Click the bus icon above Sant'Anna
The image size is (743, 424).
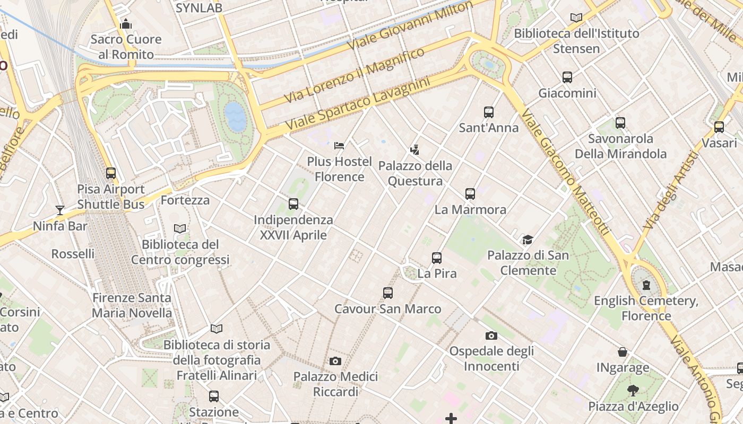pyautogui.click(x=489, y=112)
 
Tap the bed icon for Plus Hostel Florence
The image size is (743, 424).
pyautogui.click(x=339, y=145)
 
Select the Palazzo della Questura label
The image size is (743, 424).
pyautogui.click(x=415, y=173)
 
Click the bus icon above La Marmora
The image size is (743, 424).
pyautogui.click(x=470, y=194)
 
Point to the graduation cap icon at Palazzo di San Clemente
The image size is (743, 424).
pyautogui.click(x=528, y=240)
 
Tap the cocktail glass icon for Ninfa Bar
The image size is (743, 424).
pyautogui.click(x=60, y=210)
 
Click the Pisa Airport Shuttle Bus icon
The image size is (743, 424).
pyautogui.click(x=111, y=173)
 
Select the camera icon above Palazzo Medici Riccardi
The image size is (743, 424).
pyautogui.click(x=335, y=361)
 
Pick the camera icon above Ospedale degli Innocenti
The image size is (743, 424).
pyautogui.click(x=491, y=335)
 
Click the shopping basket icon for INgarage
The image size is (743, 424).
pyautogui.click(x=623, y=352)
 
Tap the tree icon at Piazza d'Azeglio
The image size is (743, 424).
pyautogui.click(x=633, y=391)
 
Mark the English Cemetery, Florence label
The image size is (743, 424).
pyautogui.click(x=646, y=308)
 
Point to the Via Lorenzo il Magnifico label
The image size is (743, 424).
pyautogui.click(x=354, y=75)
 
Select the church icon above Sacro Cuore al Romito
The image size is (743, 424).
pyautogui.click(x=126, y=24)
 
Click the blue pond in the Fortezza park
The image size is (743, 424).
pyautogui.click(x=236, y=116)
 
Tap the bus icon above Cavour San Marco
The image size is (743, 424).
pyautogui.click(x=388, y=293)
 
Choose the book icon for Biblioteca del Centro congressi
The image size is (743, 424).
pyautogui.click(x=180, y=229)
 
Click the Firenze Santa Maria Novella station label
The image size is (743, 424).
pyautogui.click(x=132, y=305)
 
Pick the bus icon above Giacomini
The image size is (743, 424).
pyautogui.click(x=567, y=77)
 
